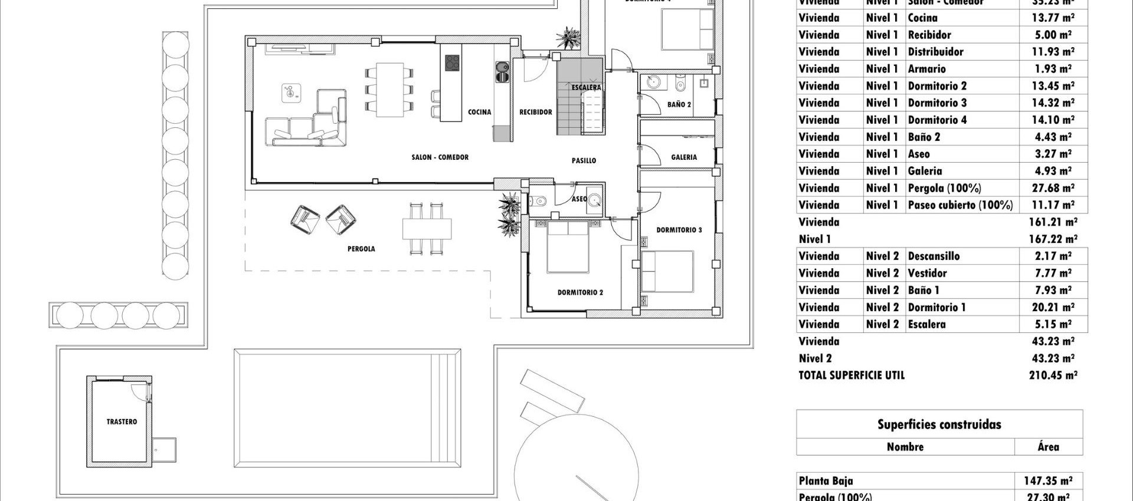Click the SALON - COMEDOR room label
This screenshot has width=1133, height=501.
[x=440, y=157]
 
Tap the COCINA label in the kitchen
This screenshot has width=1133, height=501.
[x=479, y=112]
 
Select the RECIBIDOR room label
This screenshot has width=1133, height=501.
[x=535, y=112]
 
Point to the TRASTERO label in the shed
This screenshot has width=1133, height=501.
[x=122, y=422]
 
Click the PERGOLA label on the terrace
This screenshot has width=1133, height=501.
[x=361, y=249]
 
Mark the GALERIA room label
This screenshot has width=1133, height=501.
[x=683, y=157]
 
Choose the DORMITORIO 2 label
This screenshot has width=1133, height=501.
[x=580, y=292]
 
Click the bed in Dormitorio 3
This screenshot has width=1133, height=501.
[x=667, y=271]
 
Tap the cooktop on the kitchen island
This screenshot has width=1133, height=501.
[x=452, y=62]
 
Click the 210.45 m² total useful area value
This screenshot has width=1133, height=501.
[x=1053, y=375]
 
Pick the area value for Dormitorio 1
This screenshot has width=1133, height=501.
[x=1053, y=307]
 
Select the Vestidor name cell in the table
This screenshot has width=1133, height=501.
[x=927, y=273]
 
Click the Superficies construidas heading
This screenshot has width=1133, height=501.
[x=939, y=424]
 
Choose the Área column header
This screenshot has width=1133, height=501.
[x=1048, y=447]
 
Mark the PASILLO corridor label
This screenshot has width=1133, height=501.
[x=584, y=160]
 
